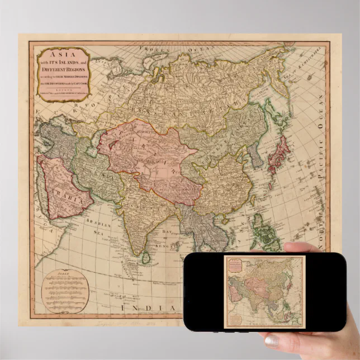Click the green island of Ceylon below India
click(x=146, y=257)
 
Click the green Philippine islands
click(x=265, y=235)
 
